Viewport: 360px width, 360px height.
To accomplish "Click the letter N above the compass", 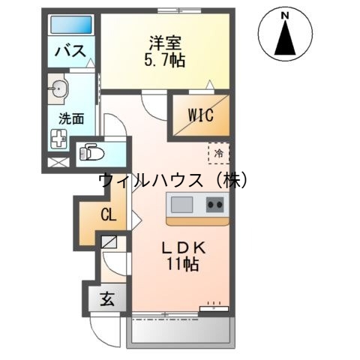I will (285, 14).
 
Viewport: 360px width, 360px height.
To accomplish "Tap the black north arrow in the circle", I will (285, 39).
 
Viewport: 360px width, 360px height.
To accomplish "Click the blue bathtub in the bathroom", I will (70, 25).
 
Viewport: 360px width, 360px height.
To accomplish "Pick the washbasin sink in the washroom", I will (59, 89).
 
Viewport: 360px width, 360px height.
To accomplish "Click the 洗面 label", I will (70, 117).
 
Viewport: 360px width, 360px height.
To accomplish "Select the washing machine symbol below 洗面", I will (59, 138).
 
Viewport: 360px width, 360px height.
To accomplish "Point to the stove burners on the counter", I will (216, 204).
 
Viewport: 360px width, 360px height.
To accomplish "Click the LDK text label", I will (181, 247).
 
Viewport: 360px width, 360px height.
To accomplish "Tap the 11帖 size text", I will (181, 264).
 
